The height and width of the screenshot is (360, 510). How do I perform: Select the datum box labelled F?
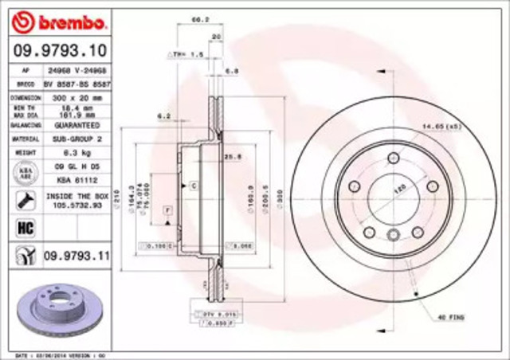[x=168, y=209]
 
